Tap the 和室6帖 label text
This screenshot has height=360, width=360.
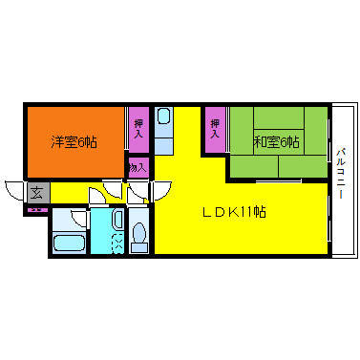click(276, 142)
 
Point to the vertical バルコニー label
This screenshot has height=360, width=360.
click(341, 170)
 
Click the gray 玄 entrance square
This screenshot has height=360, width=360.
click(36, 192)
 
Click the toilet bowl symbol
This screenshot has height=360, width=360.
click(138, 234)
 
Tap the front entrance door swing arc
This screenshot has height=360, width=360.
click(13, 188)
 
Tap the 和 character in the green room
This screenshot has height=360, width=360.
click(259, 142)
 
